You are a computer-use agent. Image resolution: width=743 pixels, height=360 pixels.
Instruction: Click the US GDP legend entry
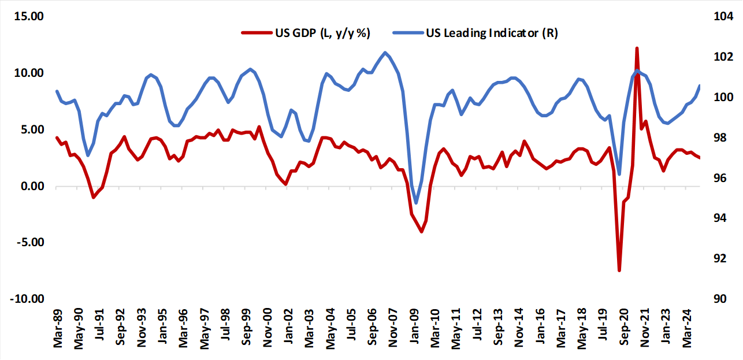[x=306, y=33]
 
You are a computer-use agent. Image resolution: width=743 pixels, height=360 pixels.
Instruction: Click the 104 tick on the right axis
[x=724, y=17]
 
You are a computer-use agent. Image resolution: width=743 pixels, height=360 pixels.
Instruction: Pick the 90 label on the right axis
[x=722, y=299]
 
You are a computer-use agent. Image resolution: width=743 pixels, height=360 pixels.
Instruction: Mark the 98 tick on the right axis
[x=722, y=138]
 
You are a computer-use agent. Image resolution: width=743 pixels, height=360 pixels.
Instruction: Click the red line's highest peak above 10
[x=637, y=49]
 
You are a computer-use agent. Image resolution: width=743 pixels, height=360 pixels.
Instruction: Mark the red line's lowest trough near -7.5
[x=619, y=270]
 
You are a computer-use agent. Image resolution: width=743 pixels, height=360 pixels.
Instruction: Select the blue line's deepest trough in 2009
[x=416, y=203]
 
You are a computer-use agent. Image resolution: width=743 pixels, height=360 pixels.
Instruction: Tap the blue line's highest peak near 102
[x=385, y=53]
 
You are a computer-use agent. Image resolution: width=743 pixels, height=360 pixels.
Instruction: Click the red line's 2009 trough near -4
[x=422, y=232]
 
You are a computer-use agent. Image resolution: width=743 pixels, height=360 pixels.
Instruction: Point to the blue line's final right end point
[x=700, y=86]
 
